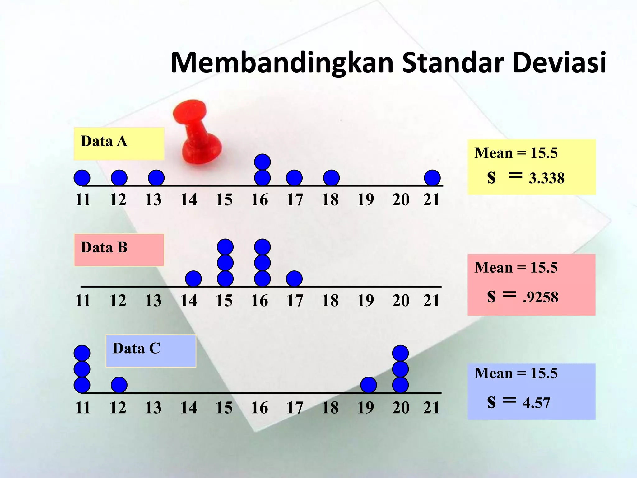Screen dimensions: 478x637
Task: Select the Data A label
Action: click(x=104, y=142)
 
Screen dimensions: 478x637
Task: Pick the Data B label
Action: click(x=104, y=248)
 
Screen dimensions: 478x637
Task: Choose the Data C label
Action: click(x=136, y=349)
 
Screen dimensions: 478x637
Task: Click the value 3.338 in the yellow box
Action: click(x=546, y=178)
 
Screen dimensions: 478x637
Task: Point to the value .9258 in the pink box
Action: click(x=541, y=297)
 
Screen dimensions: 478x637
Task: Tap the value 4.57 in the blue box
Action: click(x=536, y=403)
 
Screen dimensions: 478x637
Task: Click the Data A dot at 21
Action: click(x=432, y=178)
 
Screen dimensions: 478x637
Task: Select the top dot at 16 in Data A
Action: click(x=262, y=162)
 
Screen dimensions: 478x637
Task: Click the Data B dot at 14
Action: click(x=193, y=279)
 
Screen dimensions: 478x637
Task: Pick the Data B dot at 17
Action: click(x=294, y=279)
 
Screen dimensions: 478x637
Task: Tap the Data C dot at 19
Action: click(x=368, y=385)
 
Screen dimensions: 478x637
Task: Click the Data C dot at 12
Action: click(x=119, y=385)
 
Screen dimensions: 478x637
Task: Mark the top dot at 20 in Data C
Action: click(x=400, y=353)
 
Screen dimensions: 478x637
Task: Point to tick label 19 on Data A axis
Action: click(x=365, y=200)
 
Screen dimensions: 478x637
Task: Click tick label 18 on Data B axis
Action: click(x=330, y=301)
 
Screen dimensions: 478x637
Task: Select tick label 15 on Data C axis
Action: click(x=224, y=408)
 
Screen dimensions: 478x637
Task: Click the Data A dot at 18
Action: click(x=331, y=178)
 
